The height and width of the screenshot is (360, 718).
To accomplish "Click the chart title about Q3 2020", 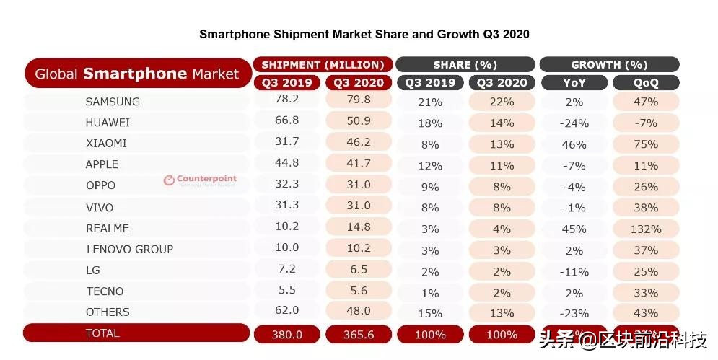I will (x=364, y=34).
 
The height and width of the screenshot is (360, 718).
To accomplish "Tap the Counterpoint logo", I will (x=199, y=180).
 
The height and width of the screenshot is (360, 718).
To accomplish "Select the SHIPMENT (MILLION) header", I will (x=323, y=64).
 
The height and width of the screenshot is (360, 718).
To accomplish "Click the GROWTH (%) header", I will (x=609, y=64).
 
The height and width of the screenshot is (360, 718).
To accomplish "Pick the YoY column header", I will (x=574, y=83).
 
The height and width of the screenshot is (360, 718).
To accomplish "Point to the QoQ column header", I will (x=646, y=83).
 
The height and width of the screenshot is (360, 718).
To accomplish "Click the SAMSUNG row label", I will (x=113, y=102).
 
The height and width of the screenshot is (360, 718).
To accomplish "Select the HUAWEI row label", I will (x=108, y=123).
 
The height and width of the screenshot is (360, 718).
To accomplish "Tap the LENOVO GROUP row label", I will (x=129, y=249).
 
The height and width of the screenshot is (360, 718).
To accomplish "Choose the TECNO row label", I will (x=105, y=291).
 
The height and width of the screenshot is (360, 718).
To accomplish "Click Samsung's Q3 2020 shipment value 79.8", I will (x=358, y=100).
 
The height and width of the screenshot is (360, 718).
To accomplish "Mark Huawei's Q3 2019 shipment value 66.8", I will (x=286, y=121).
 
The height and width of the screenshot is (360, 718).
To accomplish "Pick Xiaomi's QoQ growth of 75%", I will (x=646, y=144).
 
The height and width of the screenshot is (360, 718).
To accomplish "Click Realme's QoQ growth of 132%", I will (x=646, y=229).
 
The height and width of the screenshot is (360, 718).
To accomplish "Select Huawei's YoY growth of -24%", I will (x=574, y=123).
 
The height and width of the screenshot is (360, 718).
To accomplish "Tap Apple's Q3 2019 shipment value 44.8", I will (x=286, y=164).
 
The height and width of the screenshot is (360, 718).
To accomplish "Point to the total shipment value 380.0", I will (x=286, y=334).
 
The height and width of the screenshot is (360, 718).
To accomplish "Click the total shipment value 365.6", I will (x=358, y=334).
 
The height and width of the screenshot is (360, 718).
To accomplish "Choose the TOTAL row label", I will (x=102, y=333).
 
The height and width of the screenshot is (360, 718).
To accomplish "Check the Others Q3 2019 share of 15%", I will (x=430, y=313).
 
